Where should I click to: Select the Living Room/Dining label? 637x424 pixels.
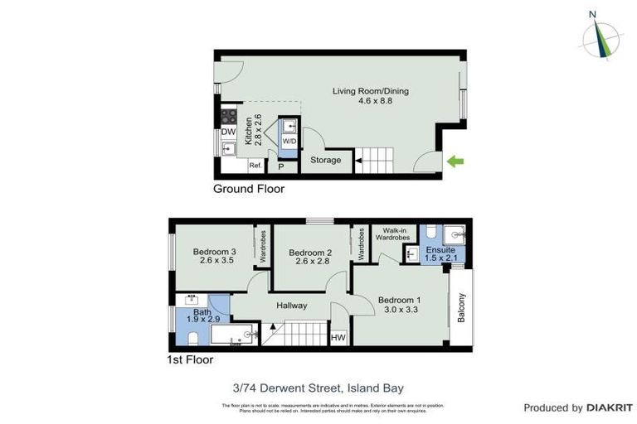tap(370, 91)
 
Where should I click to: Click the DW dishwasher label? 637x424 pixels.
tap(228, 132)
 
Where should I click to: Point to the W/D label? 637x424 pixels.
tap(289, 142)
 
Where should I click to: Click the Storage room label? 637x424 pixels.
tap(325, 160)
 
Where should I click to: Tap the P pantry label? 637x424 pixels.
tap(281, 167)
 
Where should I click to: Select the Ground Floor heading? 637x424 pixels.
tap(249, 189)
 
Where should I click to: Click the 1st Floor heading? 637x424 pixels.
tap(190, 360)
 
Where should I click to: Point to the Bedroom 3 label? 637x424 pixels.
tap(215, 253)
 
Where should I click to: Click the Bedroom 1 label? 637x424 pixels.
tap(400, 300)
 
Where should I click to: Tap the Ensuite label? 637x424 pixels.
tap(440, 249)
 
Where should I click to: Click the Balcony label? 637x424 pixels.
tap(462, 309)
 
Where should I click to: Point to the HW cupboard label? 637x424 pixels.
tap(338, 338)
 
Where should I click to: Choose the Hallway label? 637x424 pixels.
tap(292, 306)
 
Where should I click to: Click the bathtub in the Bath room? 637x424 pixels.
tap(236, 335)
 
